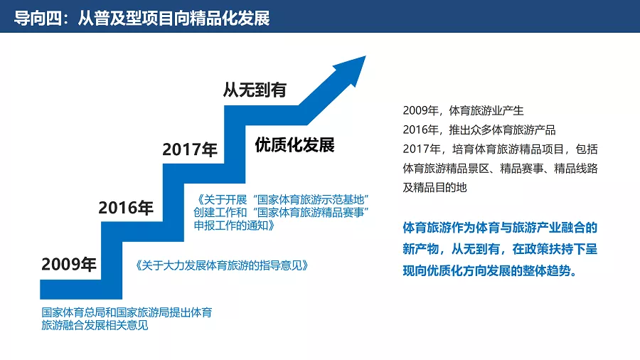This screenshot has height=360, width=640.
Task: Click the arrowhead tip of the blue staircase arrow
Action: pos(366,56)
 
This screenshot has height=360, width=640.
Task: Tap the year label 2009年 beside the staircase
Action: pos(68,264)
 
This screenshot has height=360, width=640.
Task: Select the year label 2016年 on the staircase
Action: pos(126,208)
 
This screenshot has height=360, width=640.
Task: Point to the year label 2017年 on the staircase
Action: pos(190,149)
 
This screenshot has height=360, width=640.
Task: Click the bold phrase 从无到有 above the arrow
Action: pos(255,90)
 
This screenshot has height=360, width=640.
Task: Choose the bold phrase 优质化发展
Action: pos(294,145)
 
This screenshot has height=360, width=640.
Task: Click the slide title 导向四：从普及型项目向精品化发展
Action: pos(142,18)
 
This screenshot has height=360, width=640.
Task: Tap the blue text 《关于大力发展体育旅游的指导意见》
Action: pos(221,265)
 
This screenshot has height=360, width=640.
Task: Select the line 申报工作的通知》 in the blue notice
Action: pos(234,225)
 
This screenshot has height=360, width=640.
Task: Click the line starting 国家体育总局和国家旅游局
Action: pos(127,312)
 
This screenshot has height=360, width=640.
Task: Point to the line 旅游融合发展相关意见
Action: pos(95,325)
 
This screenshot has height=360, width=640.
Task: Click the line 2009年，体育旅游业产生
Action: pos(463,110)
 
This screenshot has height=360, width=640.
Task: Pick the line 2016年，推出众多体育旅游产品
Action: pos(479,129)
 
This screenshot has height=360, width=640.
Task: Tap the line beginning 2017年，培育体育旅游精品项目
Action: pos(500,149)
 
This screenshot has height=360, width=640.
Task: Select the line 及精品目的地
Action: pos(434,187)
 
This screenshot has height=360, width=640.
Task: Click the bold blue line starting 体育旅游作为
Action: pos(500,228)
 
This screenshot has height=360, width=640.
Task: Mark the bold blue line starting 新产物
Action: pos(500,249)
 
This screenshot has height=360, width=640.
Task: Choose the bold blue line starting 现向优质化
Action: pos(490,270)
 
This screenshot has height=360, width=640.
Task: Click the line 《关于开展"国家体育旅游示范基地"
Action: pos(282,200)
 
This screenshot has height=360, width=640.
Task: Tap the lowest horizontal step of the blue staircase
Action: pos(81,290)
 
